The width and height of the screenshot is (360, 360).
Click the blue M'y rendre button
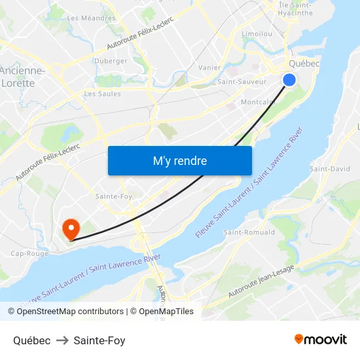click(179, 160)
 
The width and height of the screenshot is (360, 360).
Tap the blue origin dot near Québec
click(289, 79)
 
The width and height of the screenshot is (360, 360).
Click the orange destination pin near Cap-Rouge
click(70, 228)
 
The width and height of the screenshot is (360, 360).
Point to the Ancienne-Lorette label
click(22, 77)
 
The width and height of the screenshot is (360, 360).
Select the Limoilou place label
click(257, 33)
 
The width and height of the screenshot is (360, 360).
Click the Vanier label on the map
click(209, 67)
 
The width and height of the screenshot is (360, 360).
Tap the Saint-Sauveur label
click(242, 82)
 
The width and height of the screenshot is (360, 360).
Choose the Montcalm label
click(258, 102)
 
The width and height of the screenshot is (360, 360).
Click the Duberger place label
click(111, 61)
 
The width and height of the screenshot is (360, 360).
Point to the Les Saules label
click(102, 94)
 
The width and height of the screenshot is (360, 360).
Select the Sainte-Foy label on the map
click(114, 196)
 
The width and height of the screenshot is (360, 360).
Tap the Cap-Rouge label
click(29, 253)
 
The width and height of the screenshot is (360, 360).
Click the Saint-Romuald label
click(249, 232)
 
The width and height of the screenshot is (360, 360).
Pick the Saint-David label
click(329, 169)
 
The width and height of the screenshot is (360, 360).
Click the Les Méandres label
click(91, 18)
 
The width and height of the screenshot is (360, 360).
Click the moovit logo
click(320, 340)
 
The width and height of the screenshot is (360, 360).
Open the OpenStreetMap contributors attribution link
click(71, 312)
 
